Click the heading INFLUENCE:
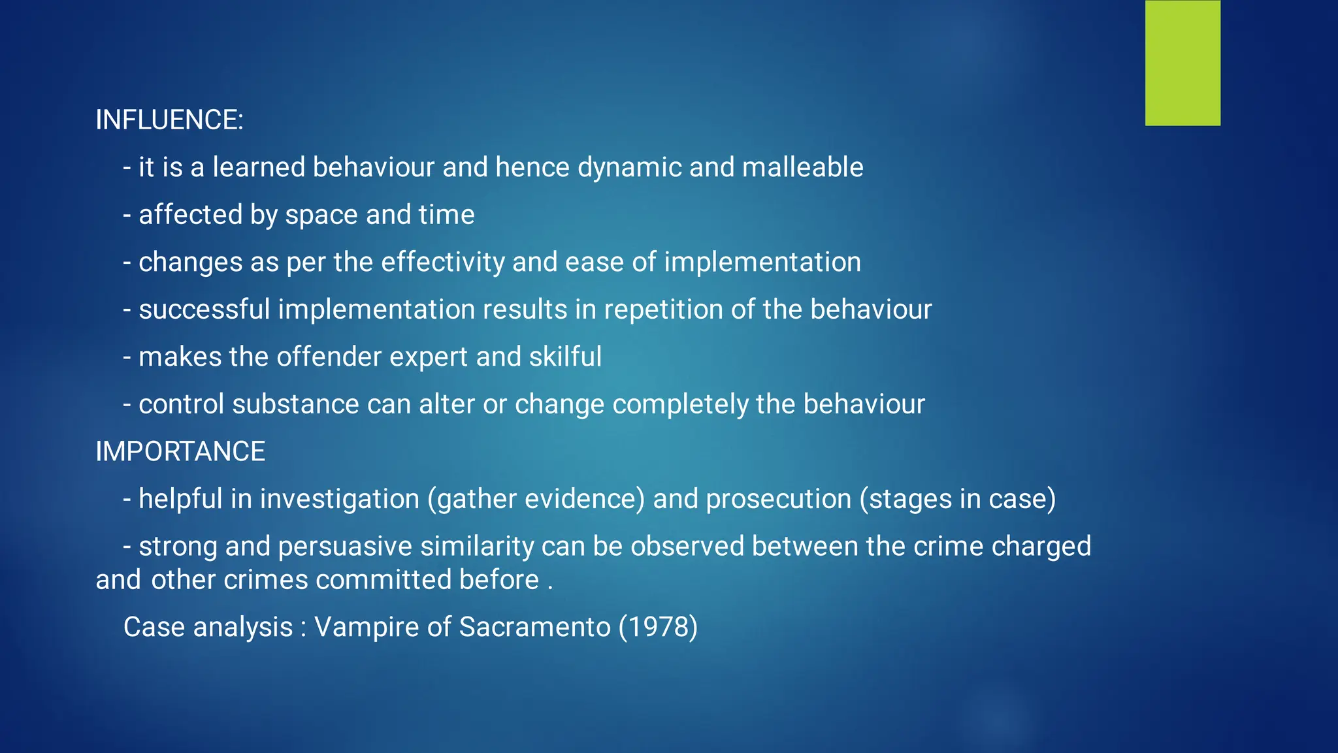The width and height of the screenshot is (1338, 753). tap(169, 120)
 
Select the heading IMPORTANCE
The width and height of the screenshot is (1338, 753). tap(180, 452)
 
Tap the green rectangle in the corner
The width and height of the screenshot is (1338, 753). tap(1183, 63)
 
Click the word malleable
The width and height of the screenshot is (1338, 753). tap(803, 168)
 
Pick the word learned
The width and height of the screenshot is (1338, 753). tap(259, 168)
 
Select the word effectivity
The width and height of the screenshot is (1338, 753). tap(443, 263)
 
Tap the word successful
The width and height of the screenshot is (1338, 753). tap(204, 310)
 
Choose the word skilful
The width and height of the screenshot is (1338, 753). tap(565, 357)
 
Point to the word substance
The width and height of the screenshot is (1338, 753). tap(295, 404)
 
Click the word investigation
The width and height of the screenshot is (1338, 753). tap(340, 499)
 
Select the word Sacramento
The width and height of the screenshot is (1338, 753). tap(534, 627)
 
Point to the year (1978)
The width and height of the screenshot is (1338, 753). tap(658, 627)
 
